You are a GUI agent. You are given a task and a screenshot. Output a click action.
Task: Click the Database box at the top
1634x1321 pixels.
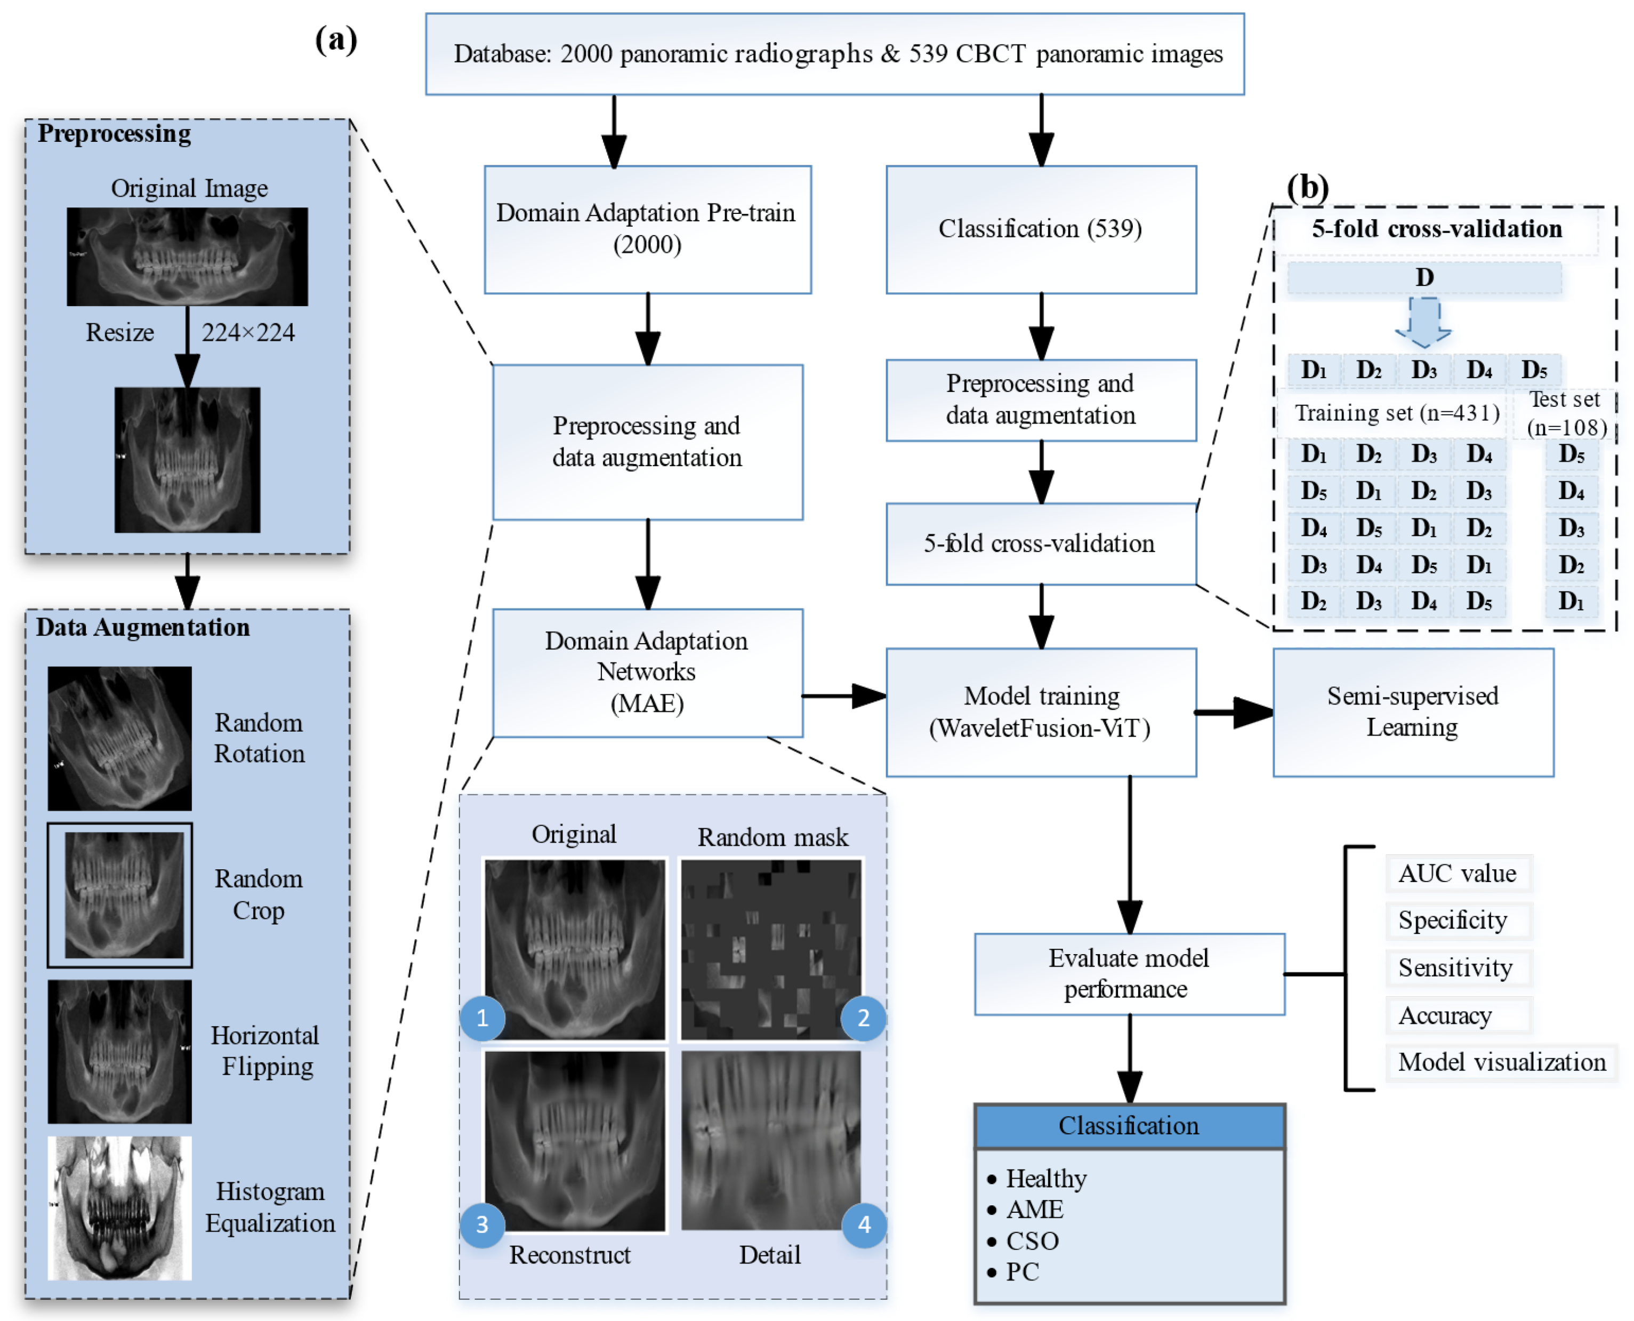click(x=834, y=53)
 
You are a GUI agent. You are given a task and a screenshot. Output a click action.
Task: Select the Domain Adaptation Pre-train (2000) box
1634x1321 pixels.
click(x=647, y=229)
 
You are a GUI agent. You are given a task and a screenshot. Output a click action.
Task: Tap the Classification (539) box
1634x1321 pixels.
click(x=1040, y=229)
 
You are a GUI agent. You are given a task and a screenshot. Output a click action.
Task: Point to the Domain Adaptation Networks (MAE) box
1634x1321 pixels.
click(x=647, y=672)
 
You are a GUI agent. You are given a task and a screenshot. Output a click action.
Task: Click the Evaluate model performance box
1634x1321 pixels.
click(x=1129, y=973)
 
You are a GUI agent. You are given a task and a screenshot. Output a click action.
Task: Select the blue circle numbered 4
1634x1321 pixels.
click(x=864, y=1224)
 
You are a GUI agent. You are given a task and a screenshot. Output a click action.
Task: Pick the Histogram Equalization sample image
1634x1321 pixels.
click(x=119, y=1207)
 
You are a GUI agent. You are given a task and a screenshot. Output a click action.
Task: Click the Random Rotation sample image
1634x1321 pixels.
click(x=119, y=738)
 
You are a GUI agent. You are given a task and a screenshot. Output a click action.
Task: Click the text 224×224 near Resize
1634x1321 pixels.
click(x=248, y=333)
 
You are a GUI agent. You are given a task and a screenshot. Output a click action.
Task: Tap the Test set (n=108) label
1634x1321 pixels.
click(x=1566, y=413)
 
